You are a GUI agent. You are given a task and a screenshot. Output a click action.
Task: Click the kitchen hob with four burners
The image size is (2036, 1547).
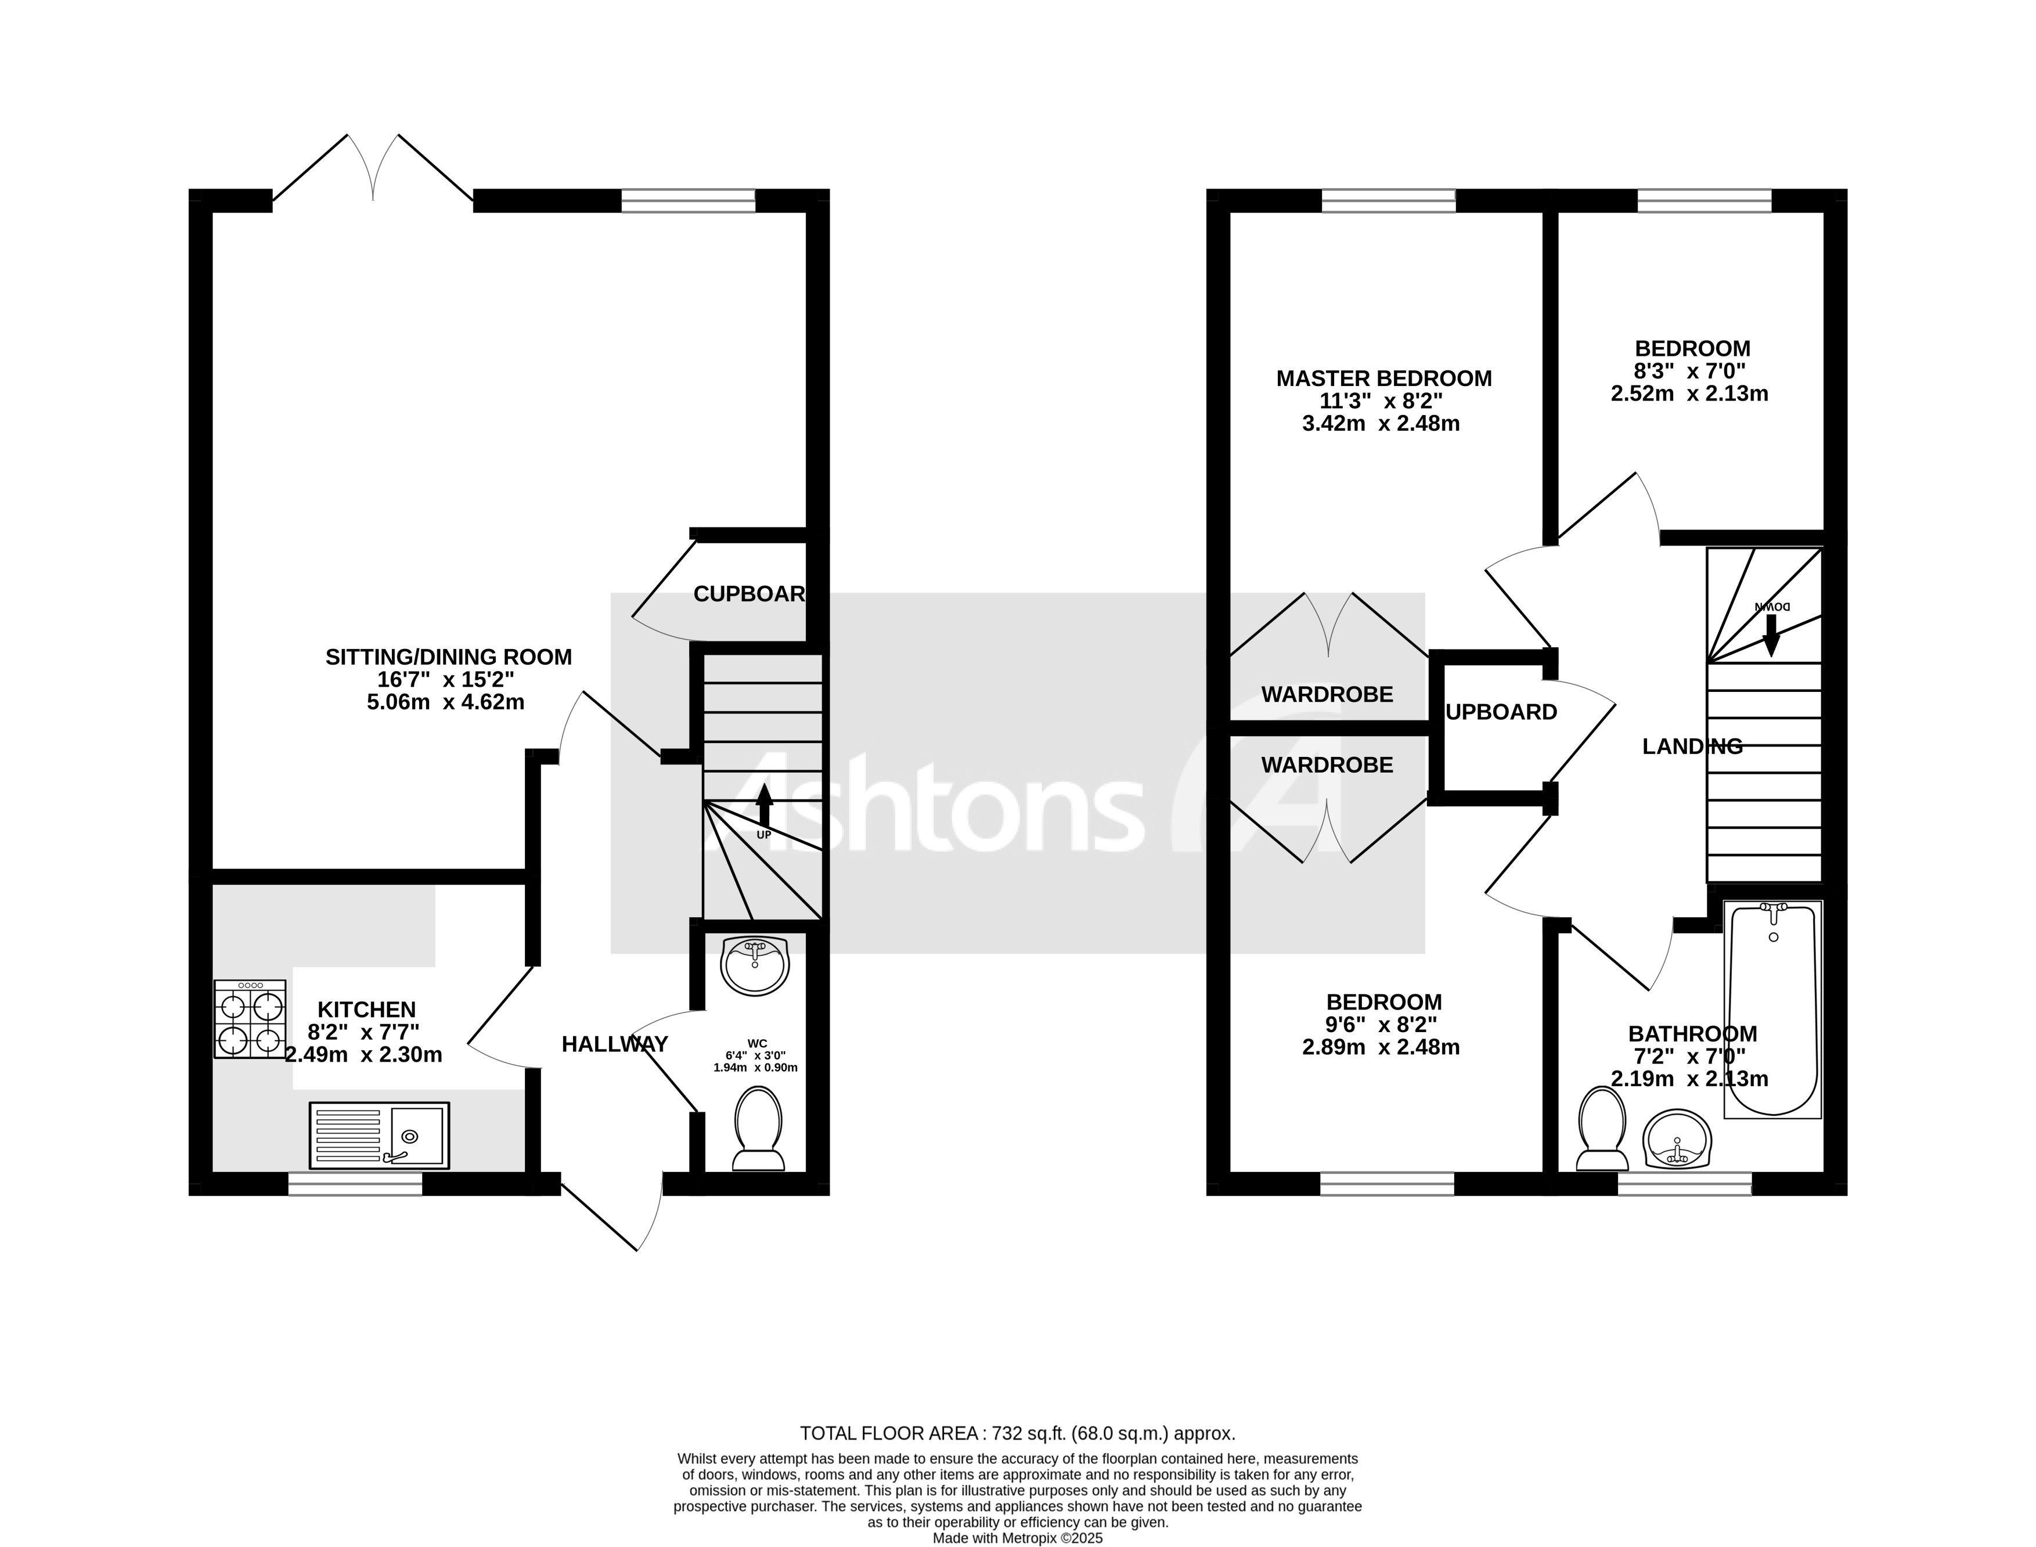[x=250, y=1018]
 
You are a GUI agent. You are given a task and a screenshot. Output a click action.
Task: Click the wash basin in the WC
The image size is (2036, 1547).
[x=755, y=965]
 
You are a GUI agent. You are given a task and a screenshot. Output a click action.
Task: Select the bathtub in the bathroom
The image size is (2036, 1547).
[x=1772, y=1009]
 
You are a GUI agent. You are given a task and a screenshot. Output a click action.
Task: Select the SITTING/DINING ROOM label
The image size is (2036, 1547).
[x=448, y=657]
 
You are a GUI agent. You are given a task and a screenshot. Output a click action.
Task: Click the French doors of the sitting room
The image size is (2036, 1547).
[x=373, y=170]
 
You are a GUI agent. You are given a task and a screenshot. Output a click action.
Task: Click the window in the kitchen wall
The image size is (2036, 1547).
[x=355, y=1183]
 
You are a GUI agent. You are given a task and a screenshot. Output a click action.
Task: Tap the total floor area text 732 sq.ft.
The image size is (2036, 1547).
[x=1017, y=1434]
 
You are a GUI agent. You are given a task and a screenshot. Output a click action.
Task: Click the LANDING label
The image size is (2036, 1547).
[x=1692, y=747]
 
